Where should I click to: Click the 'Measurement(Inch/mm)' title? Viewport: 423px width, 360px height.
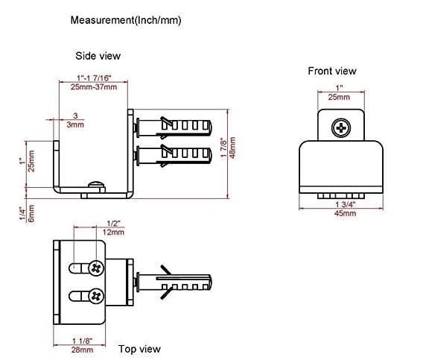(x=126, y=20)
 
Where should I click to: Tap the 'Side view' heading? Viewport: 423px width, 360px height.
(x=98, y=56)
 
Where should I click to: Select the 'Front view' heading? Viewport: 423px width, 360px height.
(x=332, y=71)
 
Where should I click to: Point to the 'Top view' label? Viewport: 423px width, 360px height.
(x=139, y=349)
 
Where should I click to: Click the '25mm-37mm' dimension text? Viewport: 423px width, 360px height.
(x=94, y=87)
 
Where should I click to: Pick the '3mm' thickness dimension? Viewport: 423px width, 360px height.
(x=75, y=124)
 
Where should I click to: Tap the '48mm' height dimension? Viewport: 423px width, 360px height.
(x=232, y=148)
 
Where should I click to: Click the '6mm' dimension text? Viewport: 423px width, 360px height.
(x=31, y=213)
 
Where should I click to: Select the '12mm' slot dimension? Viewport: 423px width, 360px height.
(x=113, y=232)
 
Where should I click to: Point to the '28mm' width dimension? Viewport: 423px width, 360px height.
(x=82, y=350)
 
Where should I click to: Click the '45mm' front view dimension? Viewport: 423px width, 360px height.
(x=345, y=213)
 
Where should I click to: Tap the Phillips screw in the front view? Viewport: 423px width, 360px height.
(x=341, y=127)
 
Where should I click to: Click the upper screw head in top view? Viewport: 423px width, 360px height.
(x=96, y=268)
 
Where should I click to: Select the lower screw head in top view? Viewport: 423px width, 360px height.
(x=96, y=296)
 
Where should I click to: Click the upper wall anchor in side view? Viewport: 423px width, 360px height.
(x=174, y=127)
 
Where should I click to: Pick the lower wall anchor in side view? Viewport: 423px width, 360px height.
(x=174, y=156)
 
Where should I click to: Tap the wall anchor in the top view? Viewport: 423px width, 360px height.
(x=174, y=282)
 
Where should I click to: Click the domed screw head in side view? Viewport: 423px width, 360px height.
(x=96, y=184)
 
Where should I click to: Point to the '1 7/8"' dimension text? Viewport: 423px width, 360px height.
(x=223, y=148)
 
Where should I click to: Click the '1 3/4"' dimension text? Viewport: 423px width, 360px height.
(x=346, y=204)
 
